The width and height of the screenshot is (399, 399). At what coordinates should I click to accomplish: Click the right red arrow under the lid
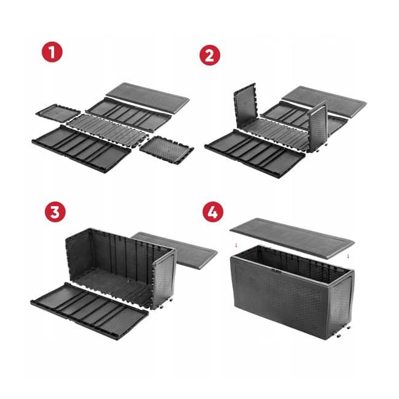(347, 257)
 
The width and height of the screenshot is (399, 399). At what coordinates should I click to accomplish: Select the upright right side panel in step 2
(319, 125)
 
